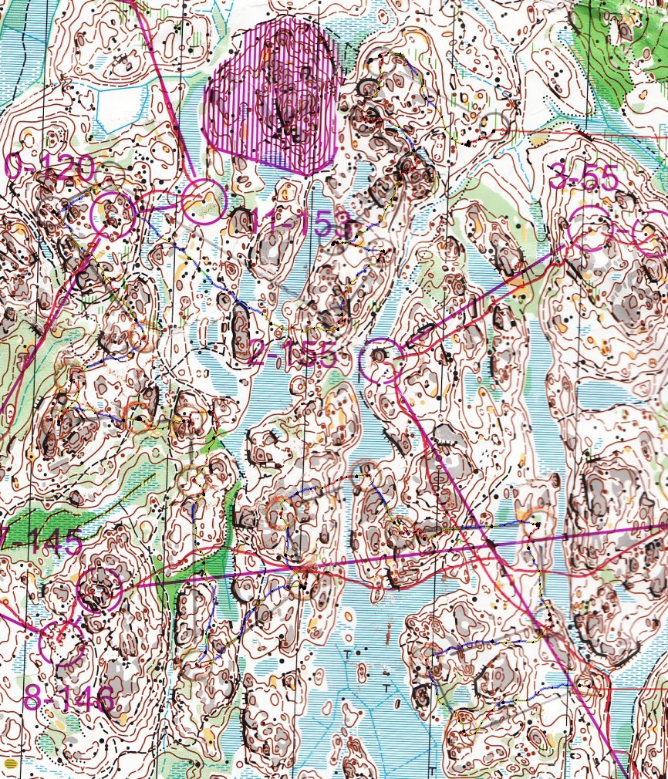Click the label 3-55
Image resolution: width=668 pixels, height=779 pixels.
(584, 178)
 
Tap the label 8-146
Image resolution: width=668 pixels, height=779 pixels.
(69, 699)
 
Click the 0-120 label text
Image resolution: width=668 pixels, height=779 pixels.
(49, 167)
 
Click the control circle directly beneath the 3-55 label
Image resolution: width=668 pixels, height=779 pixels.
(590, 229)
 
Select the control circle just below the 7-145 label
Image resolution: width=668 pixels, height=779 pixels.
(100, 589)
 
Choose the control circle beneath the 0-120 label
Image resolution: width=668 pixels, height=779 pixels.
(113, 214)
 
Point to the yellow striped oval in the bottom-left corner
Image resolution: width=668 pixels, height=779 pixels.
(10, 763)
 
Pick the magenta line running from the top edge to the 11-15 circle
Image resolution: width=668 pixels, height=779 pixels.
(166, 93)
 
